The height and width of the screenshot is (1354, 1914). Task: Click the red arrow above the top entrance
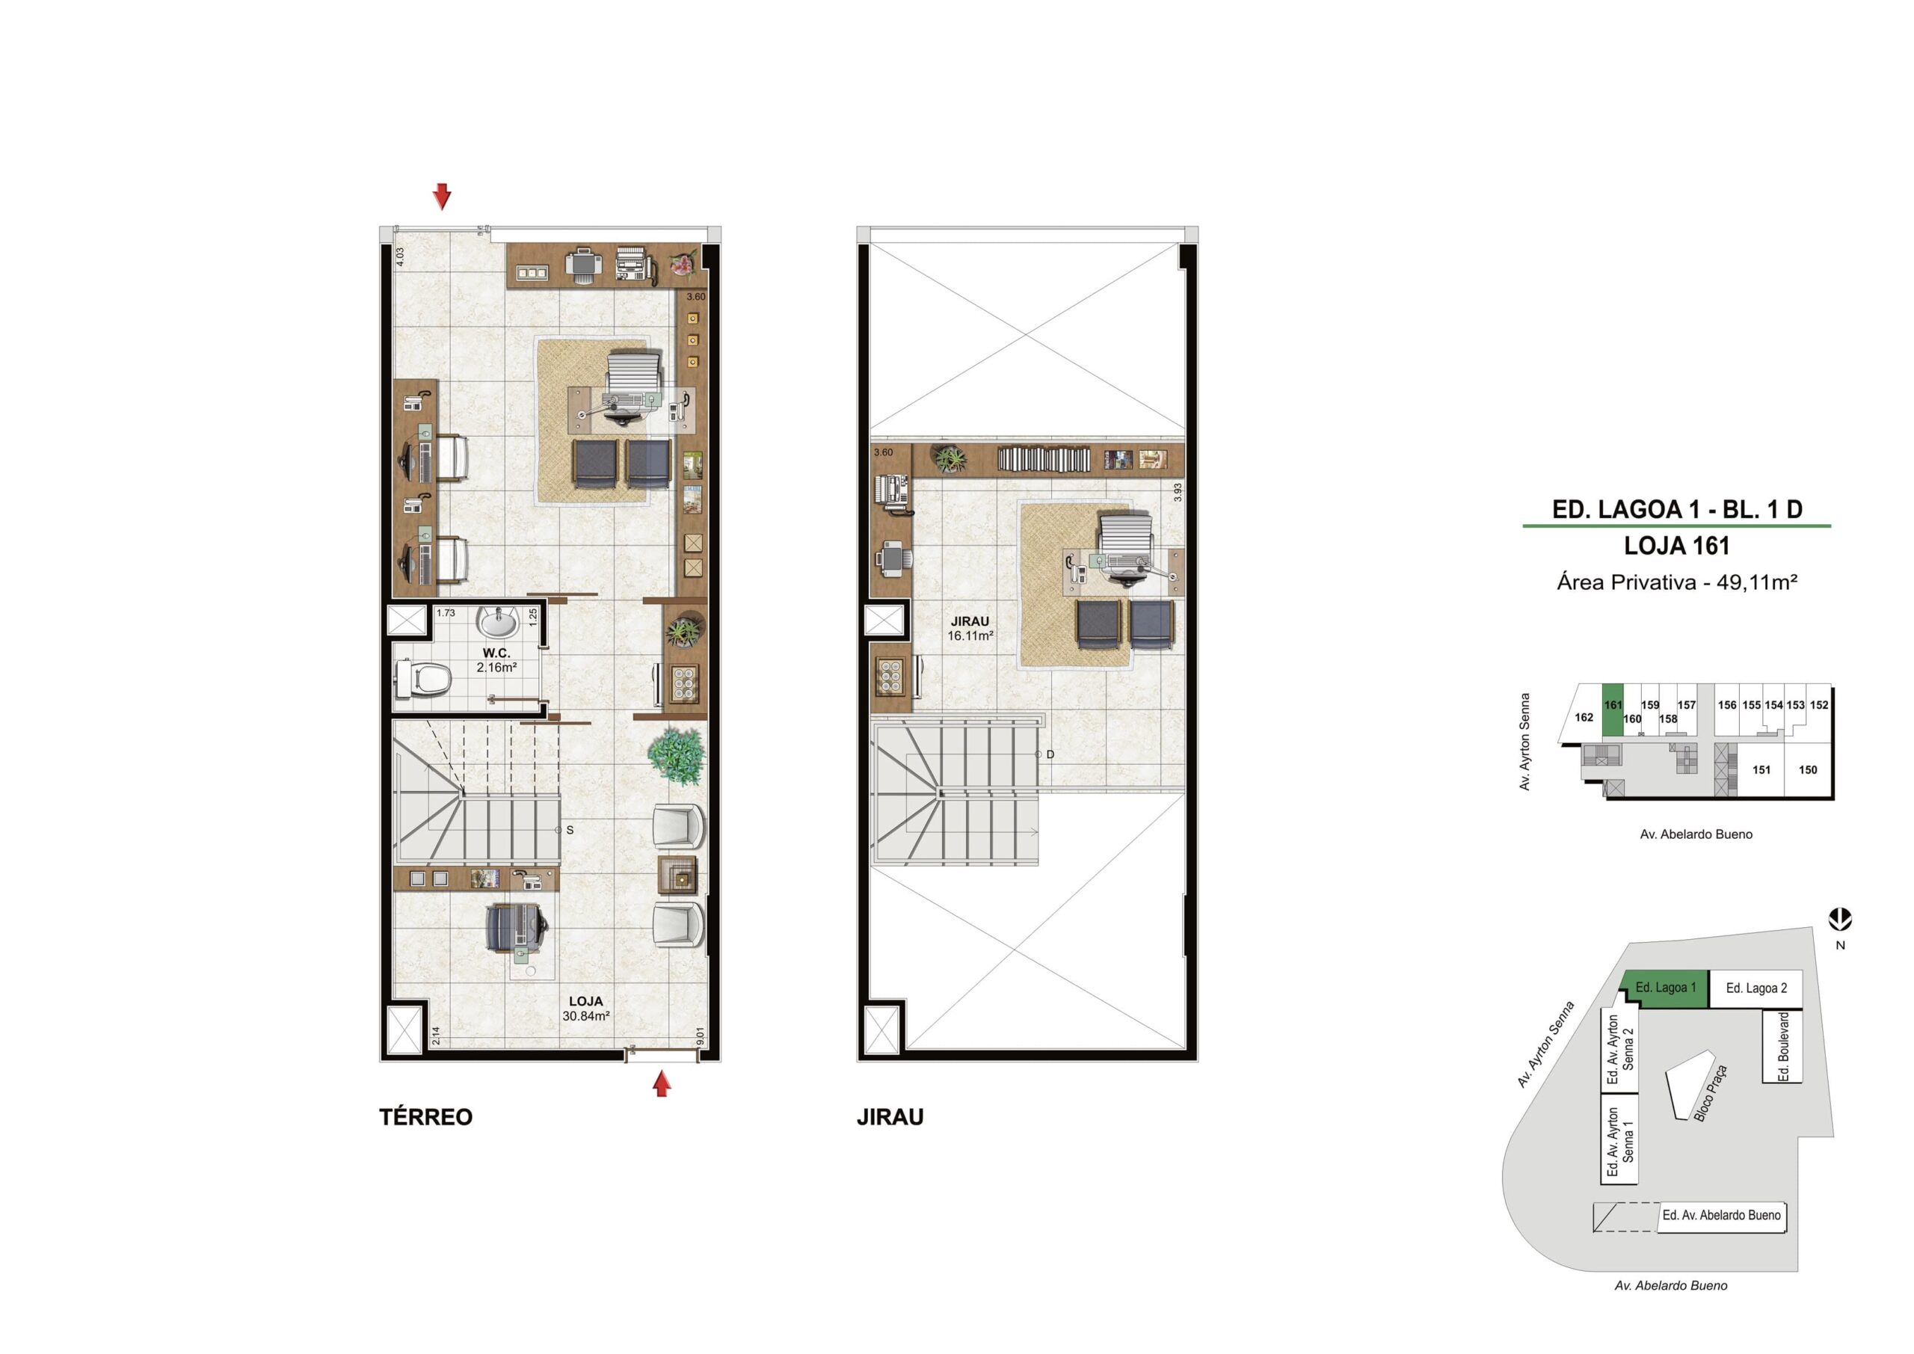pyautogui.click(x=442, y=197)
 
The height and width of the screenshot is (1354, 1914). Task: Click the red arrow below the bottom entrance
pyautogui.click(x=662, y=1084)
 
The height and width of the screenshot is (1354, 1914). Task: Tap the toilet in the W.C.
pyautogui.click(x=422, y=679)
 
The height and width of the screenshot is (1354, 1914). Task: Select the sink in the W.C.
pyautogui.click(x=498, y=621)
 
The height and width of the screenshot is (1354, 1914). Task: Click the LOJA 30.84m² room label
pyautogui.click(x=586, y=1008)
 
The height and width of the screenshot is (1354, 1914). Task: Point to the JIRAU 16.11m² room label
pyautogui.click(x=970, y=628)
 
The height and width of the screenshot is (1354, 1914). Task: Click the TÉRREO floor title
pyautogui.click(x=426, y=1117)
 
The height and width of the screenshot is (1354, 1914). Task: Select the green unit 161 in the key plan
pyautogui.click(x=1612, y=710)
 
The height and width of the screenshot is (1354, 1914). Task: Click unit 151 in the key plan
pyautogui.click(x=1761, y=769)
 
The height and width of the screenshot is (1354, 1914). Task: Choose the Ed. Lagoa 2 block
pyautogui.click(x=1756, y=989)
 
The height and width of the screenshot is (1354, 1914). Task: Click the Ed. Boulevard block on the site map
pyautogui.click(x=1783, y=1047)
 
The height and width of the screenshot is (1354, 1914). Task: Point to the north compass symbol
pyautogui.click(x=1840, y=920)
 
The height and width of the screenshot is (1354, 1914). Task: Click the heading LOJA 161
pyautogui.click(x=1676, y=546)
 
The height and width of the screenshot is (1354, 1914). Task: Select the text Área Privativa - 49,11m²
pyautogui.click(x=1676, y=582)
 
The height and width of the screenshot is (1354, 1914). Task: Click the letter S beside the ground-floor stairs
pyautogui.click(x=570, y=831)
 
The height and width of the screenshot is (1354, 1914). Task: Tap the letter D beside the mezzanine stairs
pyautogui.click(x=1050, y=754)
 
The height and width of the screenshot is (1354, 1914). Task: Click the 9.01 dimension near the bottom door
pyautogui.click(x=701, y=1036)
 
